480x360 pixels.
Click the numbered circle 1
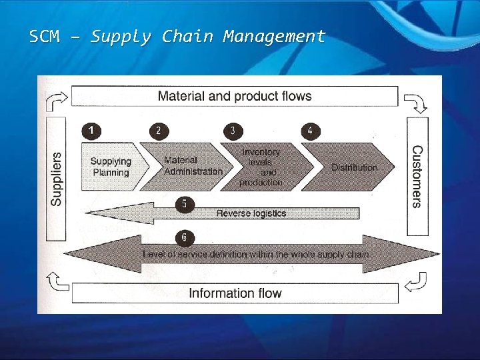(x=91, y=131)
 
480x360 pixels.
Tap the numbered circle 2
(x=158, y=131)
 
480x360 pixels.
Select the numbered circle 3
(x=232, y=131)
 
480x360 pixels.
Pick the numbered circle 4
(x=310, y=131)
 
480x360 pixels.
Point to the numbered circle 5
(x=184, y=204)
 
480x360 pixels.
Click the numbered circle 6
(x=184, y=237)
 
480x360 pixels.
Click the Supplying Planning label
(x=111, y=167)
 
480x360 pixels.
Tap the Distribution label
(x=354, y=167)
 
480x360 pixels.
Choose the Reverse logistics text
(x=251, y=213)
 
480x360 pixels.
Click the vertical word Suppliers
(x=57, y=179)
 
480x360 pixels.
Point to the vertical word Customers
(x=417, y=177)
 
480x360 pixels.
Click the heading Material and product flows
(x=235, y=96)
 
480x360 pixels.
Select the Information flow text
(x=235, y=293)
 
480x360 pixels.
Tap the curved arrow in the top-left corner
(x=55, y=101)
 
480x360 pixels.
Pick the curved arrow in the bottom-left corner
(x=55, y=282)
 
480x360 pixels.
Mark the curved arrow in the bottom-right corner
(x=417, y=282)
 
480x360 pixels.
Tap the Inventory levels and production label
(x=261, y=167)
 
